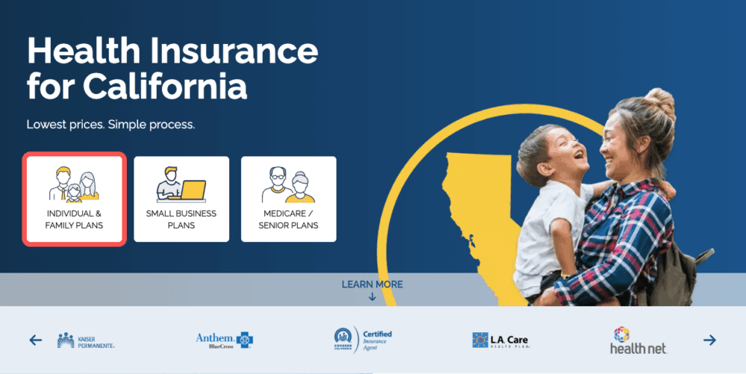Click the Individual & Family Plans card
(74, 199)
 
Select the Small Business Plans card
(181, 199)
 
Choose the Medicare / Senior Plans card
(289, 199)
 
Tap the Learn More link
(372, 285)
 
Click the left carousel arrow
(36, 340)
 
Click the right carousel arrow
(709, 340)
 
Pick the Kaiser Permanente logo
(86, 341)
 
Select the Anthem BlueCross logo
(224, 340)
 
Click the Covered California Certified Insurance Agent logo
(363, 340)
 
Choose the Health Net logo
(637, 340)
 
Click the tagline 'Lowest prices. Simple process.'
(110, 124)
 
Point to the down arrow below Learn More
(372, 297)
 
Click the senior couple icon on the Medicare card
(289, 185)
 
